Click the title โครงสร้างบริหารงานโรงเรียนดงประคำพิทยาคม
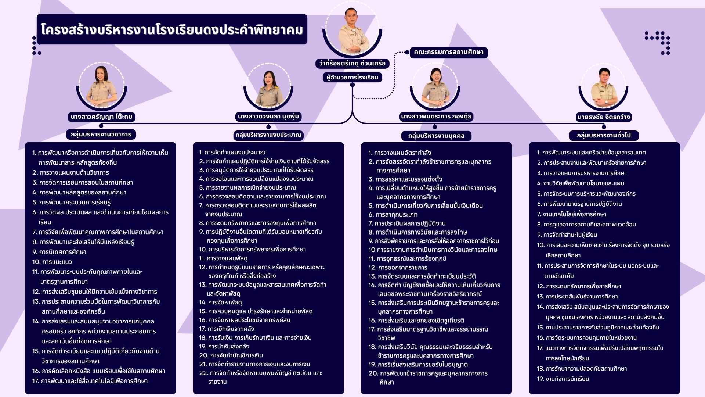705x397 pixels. (172, 30)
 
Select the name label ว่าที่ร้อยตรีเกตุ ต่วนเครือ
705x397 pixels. (352, 63)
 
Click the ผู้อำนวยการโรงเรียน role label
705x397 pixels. (352, 77)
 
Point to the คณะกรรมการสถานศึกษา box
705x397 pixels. (448, 52)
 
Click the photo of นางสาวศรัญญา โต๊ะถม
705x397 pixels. (101, 87)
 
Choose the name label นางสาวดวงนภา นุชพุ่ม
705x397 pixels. (268, 117)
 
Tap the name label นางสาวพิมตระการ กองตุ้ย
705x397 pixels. (436, 117)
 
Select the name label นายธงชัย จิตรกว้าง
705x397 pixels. (604, 117)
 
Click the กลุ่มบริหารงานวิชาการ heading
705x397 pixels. (101, 134)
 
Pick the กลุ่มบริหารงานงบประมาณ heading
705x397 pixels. (268, 135)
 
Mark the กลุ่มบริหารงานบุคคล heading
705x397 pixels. (436, 136)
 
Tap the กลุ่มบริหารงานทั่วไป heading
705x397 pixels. (604, 135)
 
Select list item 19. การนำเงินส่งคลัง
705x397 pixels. (224, 346)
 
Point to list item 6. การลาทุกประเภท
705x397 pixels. (393, 214)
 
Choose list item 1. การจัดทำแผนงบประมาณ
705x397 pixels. (232, 152)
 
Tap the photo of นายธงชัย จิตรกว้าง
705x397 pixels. (604, 88)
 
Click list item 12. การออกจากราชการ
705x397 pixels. (398, 267)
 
